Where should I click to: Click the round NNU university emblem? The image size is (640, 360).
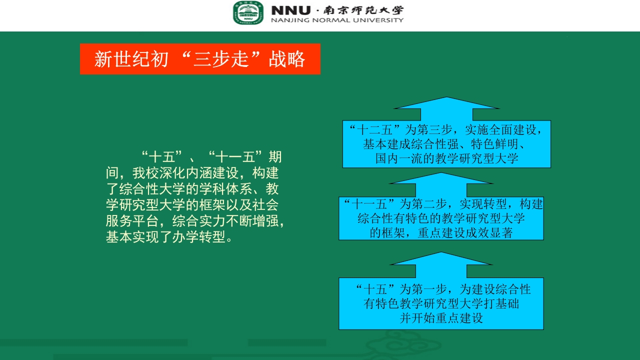tap(248, 13)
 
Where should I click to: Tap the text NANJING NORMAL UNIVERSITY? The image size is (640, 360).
tap(337, 20)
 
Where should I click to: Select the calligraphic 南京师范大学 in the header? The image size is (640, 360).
tap(363, 10)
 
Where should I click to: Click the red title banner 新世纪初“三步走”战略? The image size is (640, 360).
tap(200, 59)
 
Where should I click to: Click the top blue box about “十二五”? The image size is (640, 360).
tap(446, 144)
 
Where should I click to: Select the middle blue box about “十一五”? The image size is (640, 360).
tap(441, 218)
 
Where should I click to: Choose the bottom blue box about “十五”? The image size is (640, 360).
tap(441, 303)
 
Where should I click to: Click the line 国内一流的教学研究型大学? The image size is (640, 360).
tap(446, 159)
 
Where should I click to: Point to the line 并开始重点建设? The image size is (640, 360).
tap(441, 318)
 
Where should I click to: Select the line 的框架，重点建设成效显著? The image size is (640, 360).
tap(441, 233)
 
